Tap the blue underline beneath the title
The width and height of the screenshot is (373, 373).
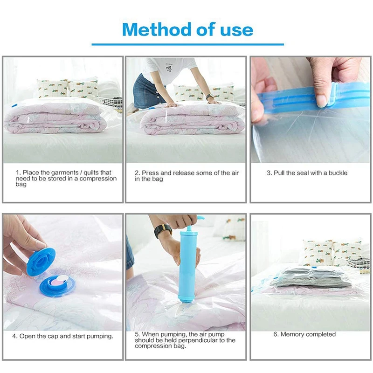point(188,44)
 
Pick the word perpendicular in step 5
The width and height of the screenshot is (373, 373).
point(196,340)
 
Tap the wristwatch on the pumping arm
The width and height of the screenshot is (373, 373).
point(163,230)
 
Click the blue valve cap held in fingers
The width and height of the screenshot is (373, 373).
point(41,261)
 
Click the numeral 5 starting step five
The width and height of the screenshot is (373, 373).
point(137,334)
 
